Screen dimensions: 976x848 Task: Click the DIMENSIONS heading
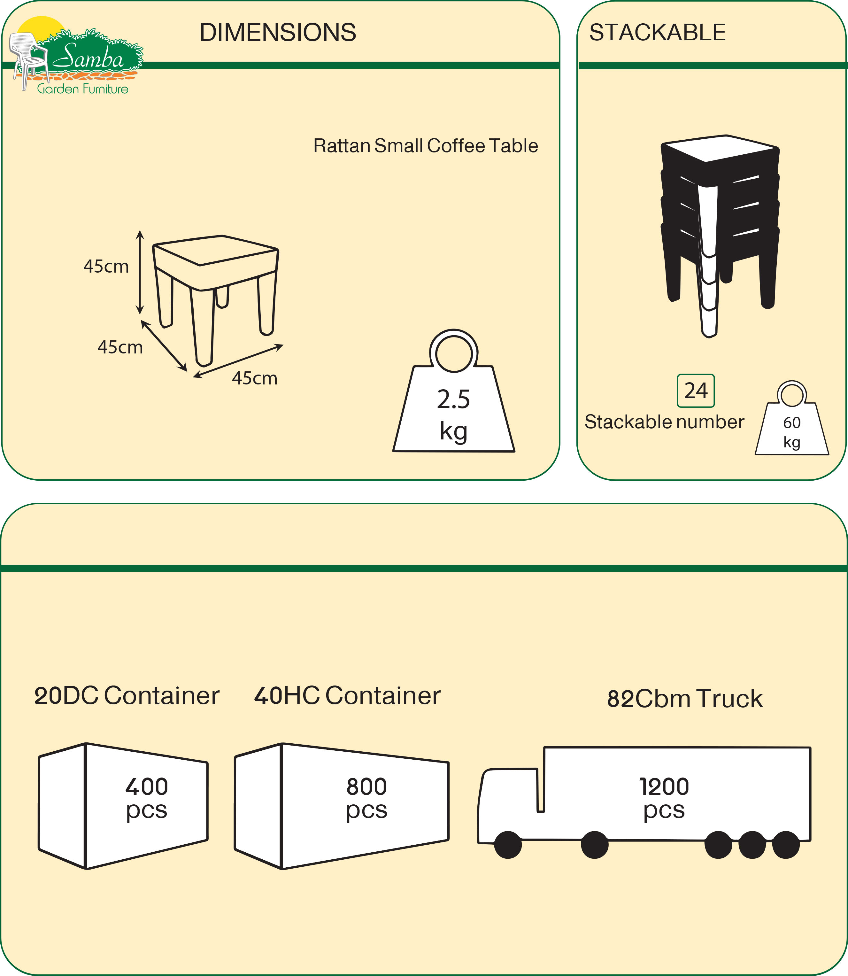pos(278,33)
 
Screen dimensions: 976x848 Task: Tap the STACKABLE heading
pos(657,33)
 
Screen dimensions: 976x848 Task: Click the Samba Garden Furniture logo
pos(76,57)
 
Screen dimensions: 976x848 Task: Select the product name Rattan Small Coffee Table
pos(425,146)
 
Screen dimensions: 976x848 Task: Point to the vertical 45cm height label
pos(106,267)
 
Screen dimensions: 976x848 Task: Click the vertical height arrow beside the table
pos(140,272)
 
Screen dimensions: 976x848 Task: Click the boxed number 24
pos(696,391)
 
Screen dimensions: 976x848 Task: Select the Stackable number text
pos(664,422)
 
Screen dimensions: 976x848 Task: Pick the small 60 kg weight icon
pos(792,426)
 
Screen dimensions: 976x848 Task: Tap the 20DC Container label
pos(127,696)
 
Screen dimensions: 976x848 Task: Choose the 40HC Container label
pos(347,696)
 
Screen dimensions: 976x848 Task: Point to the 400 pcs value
pos(147,799)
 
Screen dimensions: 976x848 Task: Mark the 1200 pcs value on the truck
pos(664,799)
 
